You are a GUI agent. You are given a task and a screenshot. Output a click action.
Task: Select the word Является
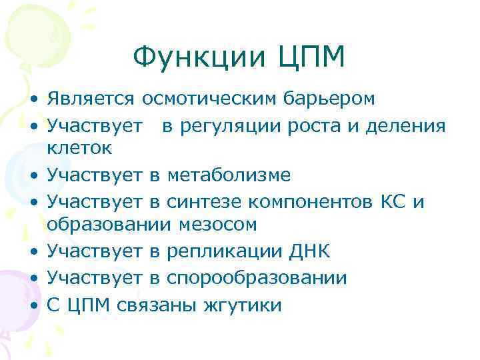pos(91,99)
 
